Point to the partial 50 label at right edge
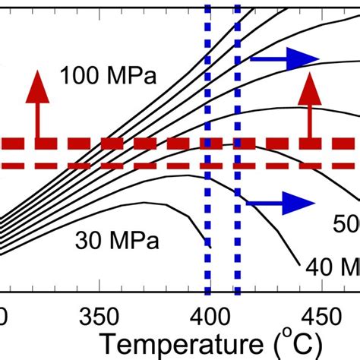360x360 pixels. pyautogui.click(x=346, y=223)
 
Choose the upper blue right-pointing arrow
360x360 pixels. pyautogui.click(x=284, y=58)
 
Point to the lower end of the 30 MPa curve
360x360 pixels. pyautogui.click(x=207, y=244)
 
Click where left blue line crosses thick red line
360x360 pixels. pyautogui.click(x=208, y=144)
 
